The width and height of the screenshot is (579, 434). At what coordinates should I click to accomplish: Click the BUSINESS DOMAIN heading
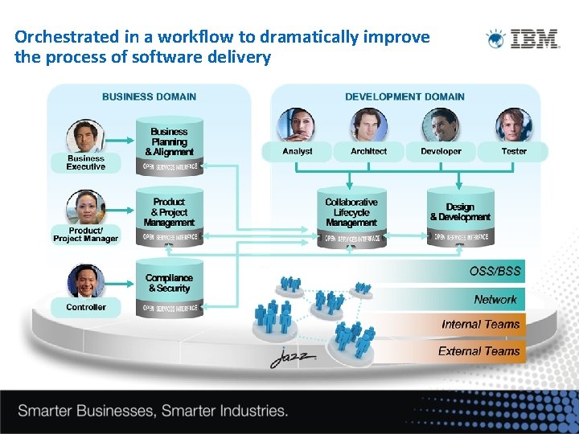click(149, 96)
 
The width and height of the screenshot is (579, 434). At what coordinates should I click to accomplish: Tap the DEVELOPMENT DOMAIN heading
click(404, 96)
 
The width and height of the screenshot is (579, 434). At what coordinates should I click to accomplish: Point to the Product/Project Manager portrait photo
click(84, 207)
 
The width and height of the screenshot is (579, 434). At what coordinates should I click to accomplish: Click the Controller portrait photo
click(85, 282)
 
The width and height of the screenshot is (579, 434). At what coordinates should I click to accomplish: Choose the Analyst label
click(298, 151)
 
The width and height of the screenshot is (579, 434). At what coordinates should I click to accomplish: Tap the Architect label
click(368, 151)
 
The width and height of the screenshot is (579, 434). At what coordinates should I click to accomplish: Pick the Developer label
click(441, 151)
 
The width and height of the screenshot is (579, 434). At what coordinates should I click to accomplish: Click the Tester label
click(514, 151)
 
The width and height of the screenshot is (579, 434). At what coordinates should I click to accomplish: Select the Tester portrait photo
click(514, 125)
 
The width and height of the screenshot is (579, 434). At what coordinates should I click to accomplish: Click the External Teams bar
click(479, 351)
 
